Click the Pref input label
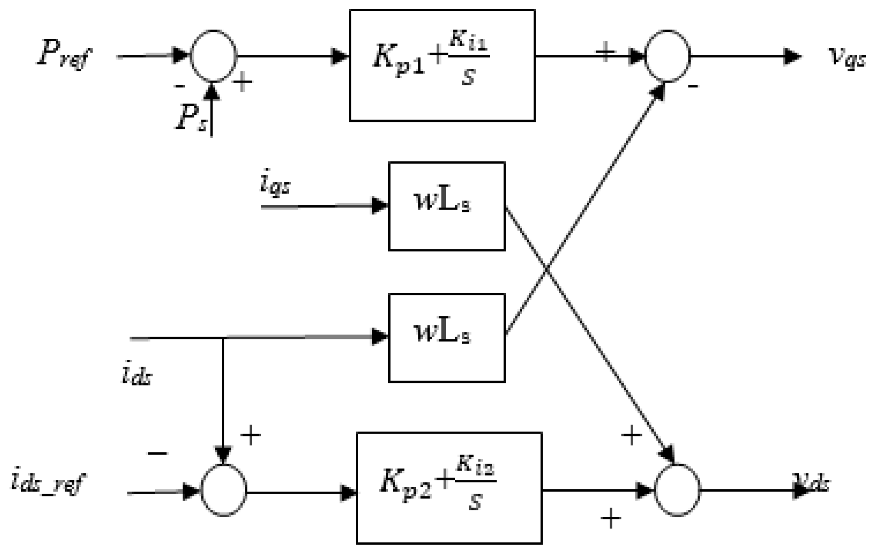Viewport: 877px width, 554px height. pos(65,57)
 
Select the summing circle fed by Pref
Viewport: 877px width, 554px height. pos(214,56)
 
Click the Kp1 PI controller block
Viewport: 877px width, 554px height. pos(442,66)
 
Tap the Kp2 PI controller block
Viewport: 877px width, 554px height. pos(449,488)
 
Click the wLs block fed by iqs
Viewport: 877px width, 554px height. pos(447,206)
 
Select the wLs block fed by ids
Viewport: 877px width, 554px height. pos(447,337)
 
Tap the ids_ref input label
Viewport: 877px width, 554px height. pos(47,483)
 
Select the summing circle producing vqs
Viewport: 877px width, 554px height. pos(667,56)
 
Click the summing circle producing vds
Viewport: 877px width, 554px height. pos(677,490)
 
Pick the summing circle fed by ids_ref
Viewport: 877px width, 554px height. pos(223,491)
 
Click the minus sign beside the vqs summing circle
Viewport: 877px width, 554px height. pos(693,86)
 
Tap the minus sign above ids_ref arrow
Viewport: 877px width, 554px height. pos(157,453)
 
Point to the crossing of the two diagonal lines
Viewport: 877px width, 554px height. pos(546,271)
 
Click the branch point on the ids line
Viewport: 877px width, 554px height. pos(223,338)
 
